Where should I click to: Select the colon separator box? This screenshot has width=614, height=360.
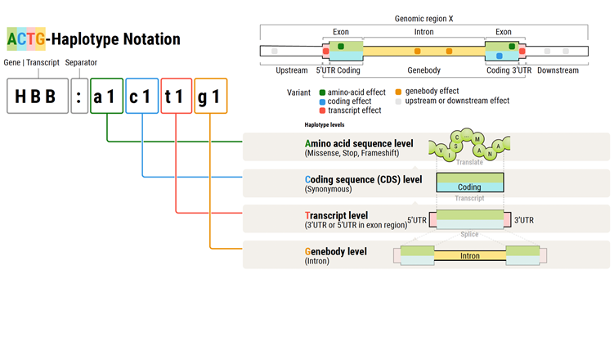(78, 96)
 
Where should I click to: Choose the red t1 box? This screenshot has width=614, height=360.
(176, 96)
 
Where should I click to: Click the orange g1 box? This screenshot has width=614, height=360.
(210, 96)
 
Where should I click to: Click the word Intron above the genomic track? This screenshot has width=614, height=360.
(424, 32)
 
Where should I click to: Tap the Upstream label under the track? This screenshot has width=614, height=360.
(292, 70)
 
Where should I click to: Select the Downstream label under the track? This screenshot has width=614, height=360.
(558, 70)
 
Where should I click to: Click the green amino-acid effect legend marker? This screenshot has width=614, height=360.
(323, 92)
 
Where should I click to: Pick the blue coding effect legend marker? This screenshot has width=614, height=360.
(323, 101)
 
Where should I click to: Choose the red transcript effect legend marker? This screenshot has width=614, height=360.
(323, 110)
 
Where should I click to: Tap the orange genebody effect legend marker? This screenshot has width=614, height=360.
(399, 92)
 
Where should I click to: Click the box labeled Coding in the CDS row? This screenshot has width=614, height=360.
(469, 183)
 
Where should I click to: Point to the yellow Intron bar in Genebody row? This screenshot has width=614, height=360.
(469, 256)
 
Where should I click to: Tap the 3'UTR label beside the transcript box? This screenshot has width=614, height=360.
(524, 220)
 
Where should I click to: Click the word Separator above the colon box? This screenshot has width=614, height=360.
(82, 63)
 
